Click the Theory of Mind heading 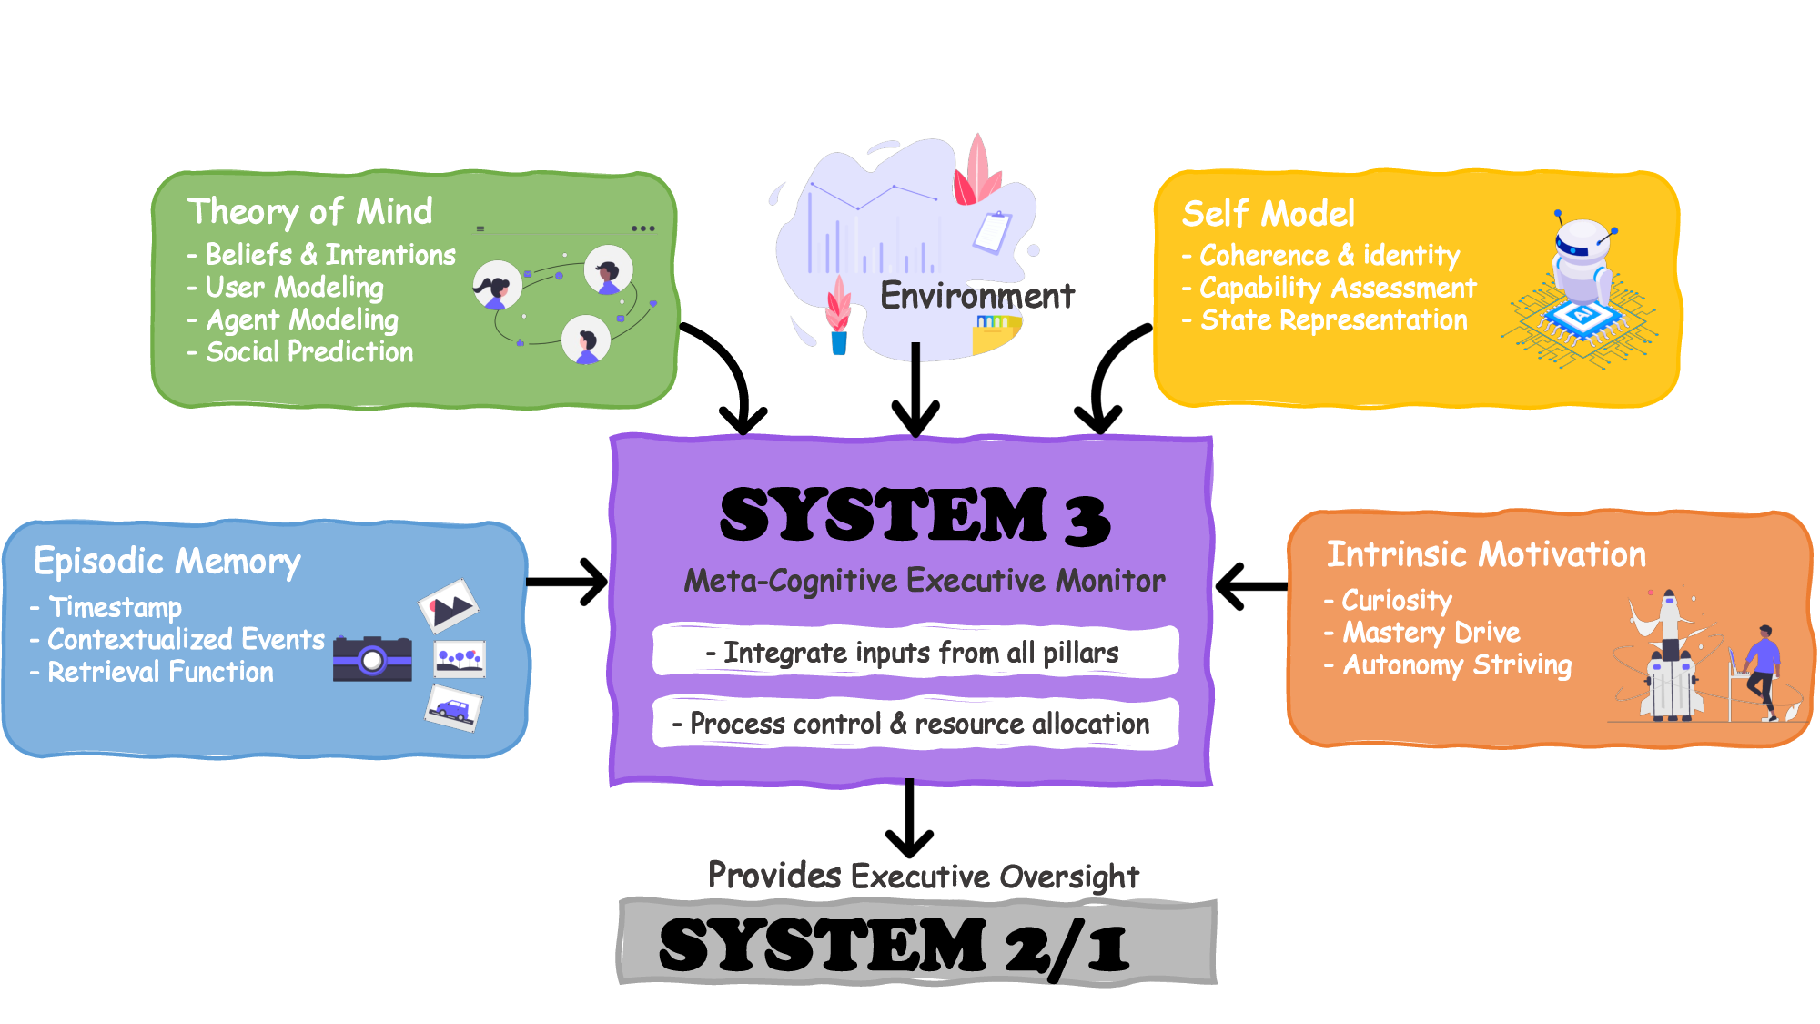click(x=309, y=211)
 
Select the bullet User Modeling click(x=293, y=288)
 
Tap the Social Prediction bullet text click(x=308, y=352)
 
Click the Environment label click(x=976, y=296)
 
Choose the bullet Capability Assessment click(x=1337, y=289)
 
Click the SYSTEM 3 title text click(x=914, y=515)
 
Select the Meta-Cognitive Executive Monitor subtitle click(x=924, y=581)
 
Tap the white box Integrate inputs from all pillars click(x=915, y=652)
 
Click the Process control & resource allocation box click(x=915, y=724)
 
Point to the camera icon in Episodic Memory click(x=372, y=658)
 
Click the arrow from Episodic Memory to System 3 click(x=566, y=582)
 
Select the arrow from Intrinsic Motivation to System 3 click(x=1252, y=586)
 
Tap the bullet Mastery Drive click(x=1430, y=633)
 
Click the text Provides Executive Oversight click(x=923, y=876)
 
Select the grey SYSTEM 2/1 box click(x=916, y=943)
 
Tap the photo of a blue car click(x=453, y=708)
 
